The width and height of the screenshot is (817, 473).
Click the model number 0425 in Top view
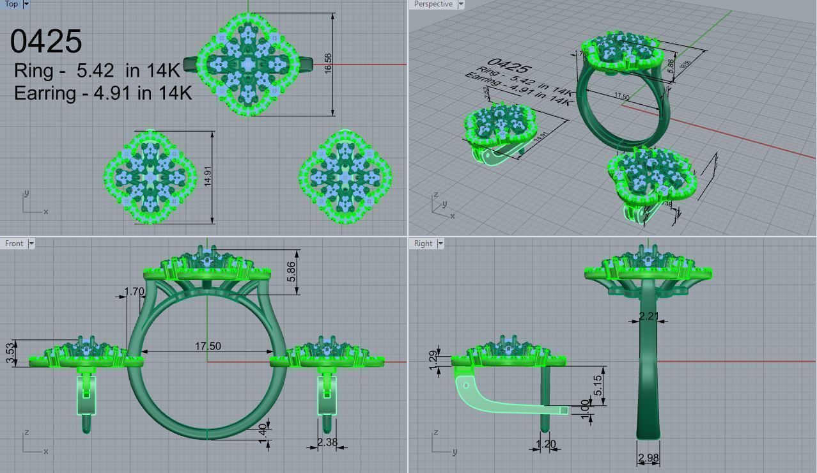(x=46, y=42)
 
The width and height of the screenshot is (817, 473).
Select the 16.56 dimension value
(x=328, y=64)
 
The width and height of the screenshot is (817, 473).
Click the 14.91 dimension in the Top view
(x=208, y=176)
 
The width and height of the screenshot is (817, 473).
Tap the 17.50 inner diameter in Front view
(x=208, y=346)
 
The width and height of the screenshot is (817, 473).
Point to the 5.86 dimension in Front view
(x=292, y=272)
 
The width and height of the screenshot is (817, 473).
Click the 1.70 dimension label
(x=134, y=292)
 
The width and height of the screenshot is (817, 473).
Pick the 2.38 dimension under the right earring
(x=327, y=442)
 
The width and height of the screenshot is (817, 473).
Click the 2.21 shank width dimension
(x=649, y=315)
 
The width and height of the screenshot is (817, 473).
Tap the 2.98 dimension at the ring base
(x=648, y=458)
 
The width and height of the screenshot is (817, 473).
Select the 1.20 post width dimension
(x=545, y=444)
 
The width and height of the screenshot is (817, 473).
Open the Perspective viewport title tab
(x=433, y=4)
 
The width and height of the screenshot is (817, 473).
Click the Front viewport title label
(x=14, y=244)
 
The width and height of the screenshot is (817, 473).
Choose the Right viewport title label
(x=423, y=244)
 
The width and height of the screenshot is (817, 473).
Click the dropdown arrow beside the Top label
(x=26, y=4)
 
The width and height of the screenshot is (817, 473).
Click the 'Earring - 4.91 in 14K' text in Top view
(x=103, y=93)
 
